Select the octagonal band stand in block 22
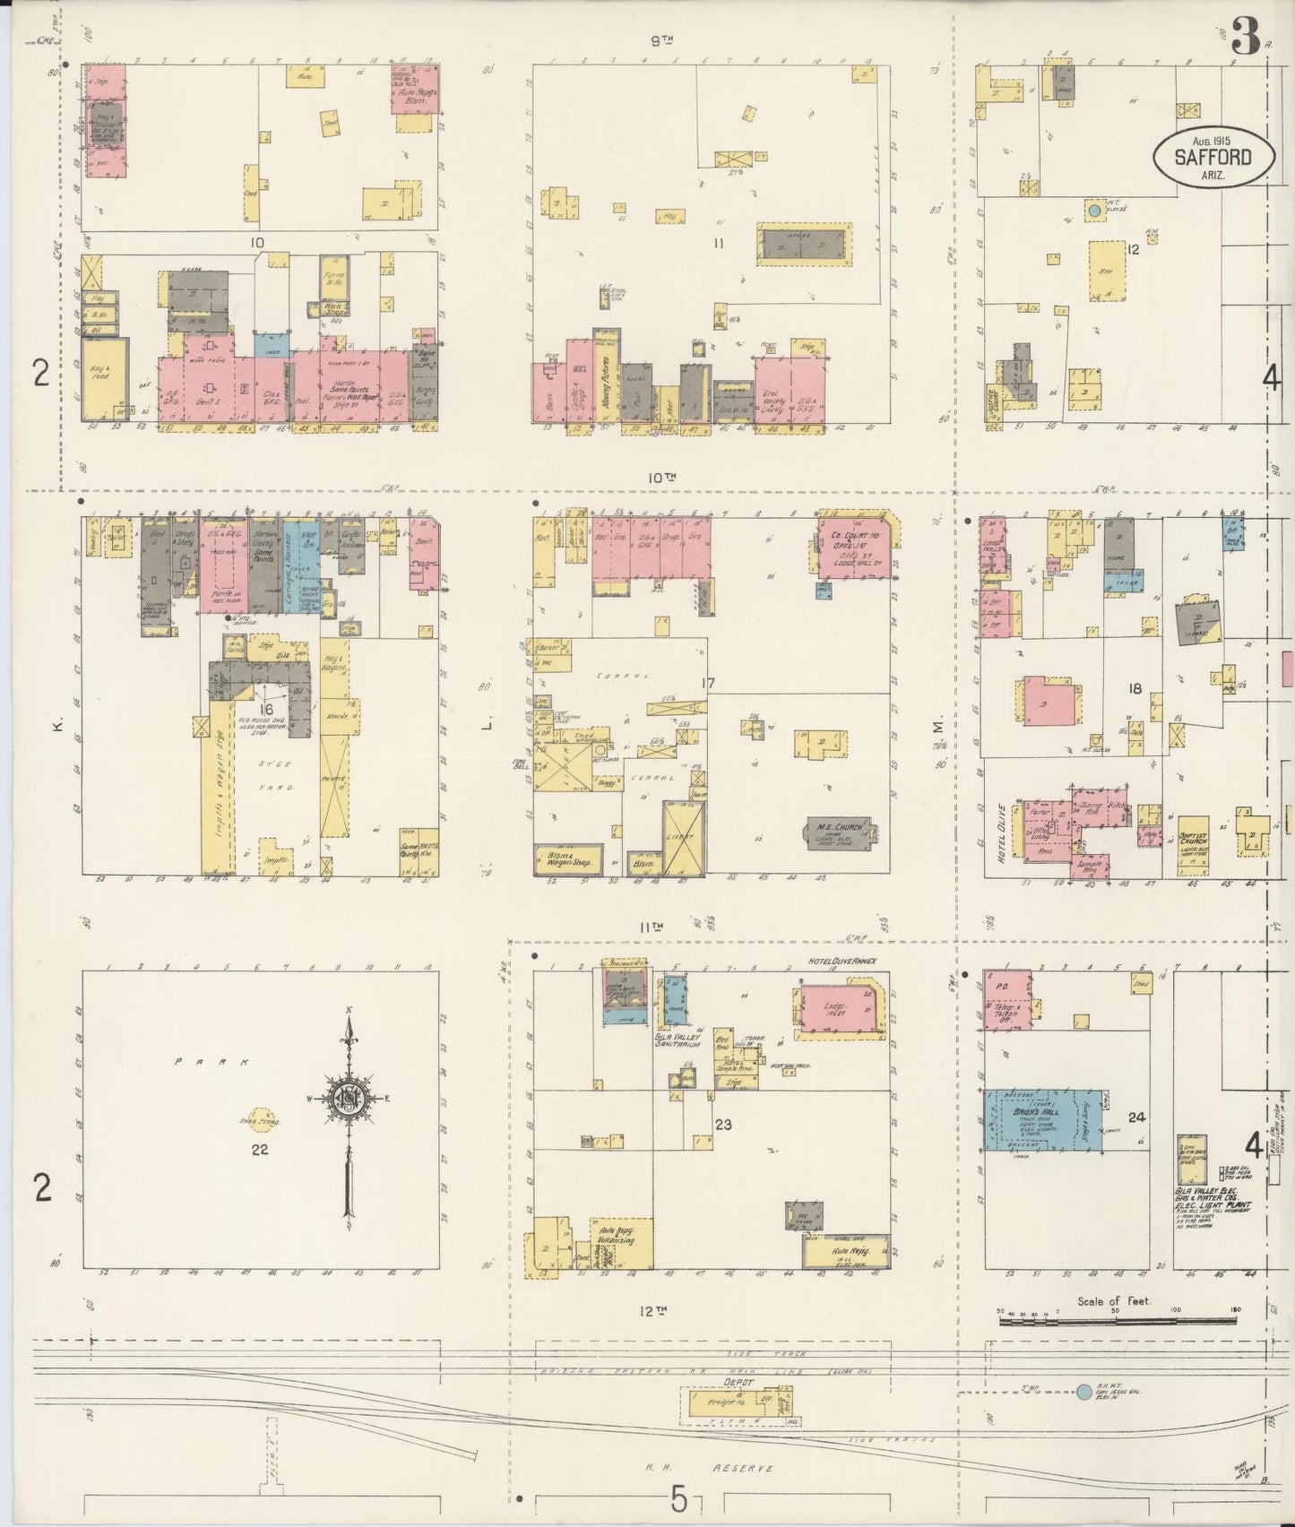pyautogui.click(x=265, y=1119)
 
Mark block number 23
pyautogui.click(x=724, y=1125)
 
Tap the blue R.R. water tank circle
pyautogui.click(x=1083, y=1392)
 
